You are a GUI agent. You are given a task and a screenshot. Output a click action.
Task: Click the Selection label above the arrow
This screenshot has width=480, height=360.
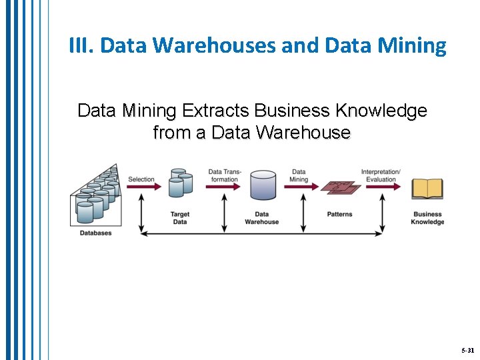(141, 179)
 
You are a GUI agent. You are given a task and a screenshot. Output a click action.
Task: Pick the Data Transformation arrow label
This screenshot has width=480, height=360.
(225, 175)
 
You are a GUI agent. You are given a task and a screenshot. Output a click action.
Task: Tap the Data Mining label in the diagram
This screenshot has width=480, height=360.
(299, 175)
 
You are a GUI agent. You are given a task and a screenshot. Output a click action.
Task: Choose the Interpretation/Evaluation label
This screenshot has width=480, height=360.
(381, 175)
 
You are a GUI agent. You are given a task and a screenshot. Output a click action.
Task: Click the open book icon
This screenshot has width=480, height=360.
(427, 189)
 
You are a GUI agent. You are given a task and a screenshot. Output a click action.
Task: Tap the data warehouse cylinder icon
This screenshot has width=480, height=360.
(263, 185)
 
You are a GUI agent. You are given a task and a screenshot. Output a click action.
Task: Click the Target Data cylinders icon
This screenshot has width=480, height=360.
(180, 183)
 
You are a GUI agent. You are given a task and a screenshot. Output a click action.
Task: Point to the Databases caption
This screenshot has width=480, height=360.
(96, 233)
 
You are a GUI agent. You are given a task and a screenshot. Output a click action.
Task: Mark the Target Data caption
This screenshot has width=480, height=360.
(180, 218)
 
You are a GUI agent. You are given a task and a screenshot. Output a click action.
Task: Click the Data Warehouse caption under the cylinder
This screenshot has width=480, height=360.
(262, 218)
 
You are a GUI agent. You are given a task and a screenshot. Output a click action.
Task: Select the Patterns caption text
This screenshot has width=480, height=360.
(340, 215)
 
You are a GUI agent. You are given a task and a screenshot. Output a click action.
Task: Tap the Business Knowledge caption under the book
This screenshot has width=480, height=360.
(427, 218)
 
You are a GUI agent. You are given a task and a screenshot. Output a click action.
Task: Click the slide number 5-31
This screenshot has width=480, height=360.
(467, 350)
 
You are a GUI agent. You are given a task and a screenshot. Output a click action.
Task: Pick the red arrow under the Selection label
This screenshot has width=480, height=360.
(143, 187)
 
